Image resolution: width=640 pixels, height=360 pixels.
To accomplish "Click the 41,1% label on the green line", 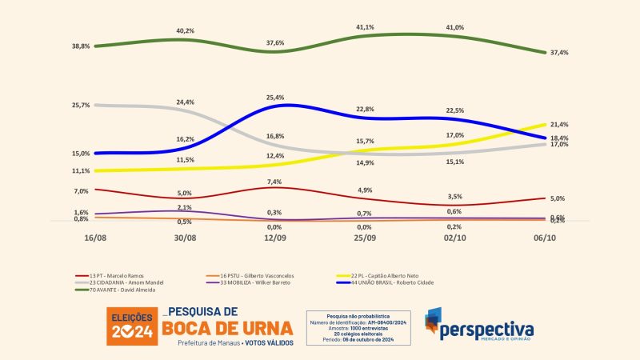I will (364, 26).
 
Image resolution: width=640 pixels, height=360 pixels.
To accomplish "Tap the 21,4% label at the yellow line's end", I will (559, 125).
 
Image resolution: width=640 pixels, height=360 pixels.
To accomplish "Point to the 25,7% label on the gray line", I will (81, 106).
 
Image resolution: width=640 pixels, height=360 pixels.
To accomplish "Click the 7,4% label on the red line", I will (274, 182).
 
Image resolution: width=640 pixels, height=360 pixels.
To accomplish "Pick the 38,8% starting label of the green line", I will (81, 46).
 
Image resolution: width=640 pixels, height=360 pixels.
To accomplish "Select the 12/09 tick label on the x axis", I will (274, 238).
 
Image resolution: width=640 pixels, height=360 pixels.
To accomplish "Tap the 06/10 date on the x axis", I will (545, 238).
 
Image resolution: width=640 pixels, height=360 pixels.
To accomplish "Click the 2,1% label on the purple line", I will (185, 208).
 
